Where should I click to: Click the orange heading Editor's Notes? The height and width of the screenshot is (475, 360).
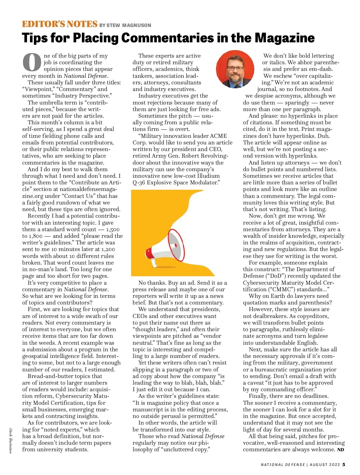coord(60,24)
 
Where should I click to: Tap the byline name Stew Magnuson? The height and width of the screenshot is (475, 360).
coord(129,26)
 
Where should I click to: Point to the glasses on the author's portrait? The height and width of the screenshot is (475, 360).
coord(235,68)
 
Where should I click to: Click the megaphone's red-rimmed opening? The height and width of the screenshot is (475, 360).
coord(180,244)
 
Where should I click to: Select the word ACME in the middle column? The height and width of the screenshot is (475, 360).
coord(218,136)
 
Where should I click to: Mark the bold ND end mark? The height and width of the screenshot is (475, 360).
coord(340,450)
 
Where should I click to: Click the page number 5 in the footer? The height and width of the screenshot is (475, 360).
coord(344,464)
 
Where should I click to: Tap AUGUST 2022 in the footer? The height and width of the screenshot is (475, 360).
coord(325,465)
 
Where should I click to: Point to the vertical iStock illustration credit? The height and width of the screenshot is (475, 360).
coord(10,441)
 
